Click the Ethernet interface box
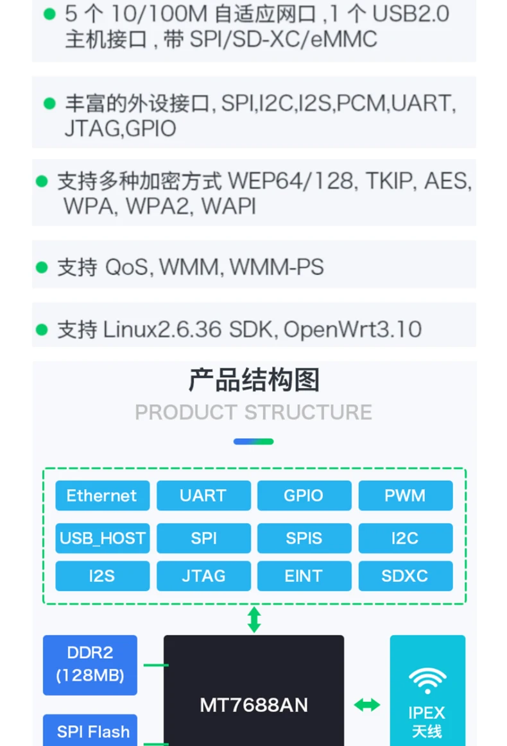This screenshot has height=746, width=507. point(102,495)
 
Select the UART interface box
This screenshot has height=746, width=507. point(203,495)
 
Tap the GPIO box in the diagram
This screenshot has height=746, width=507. point(304,495)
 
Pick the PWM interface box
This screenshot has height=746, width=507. point(405,495)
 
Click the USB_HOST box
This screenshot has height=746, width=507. point(102,538)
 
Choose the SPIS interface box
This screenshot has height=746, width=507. point(304,538)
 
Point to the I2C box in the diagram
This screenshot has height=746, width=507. point(405,538)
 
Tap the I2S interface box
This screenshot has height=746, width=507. point(102,575)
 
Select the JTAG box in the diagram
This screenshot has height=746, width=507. point(203,575)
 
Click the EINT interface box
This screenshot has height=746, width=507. point(304,575)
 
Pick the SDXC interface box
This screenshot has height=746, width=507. point(405,575)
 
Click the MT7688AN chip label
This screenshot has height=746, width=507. point(253,705)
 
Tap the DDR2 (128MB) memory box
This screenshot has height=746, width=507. point(90,665)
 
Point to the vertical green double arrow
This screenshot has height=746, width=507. point(254,620)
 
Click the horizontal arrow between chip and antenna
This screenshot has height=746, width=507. point(366,705)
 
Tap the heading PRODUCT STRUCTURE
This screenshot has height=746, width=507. point(253,412)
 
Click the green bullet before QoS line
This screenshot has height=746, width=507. point(42,267)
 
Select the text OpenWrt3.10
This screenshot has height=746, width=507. point(352,330)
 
